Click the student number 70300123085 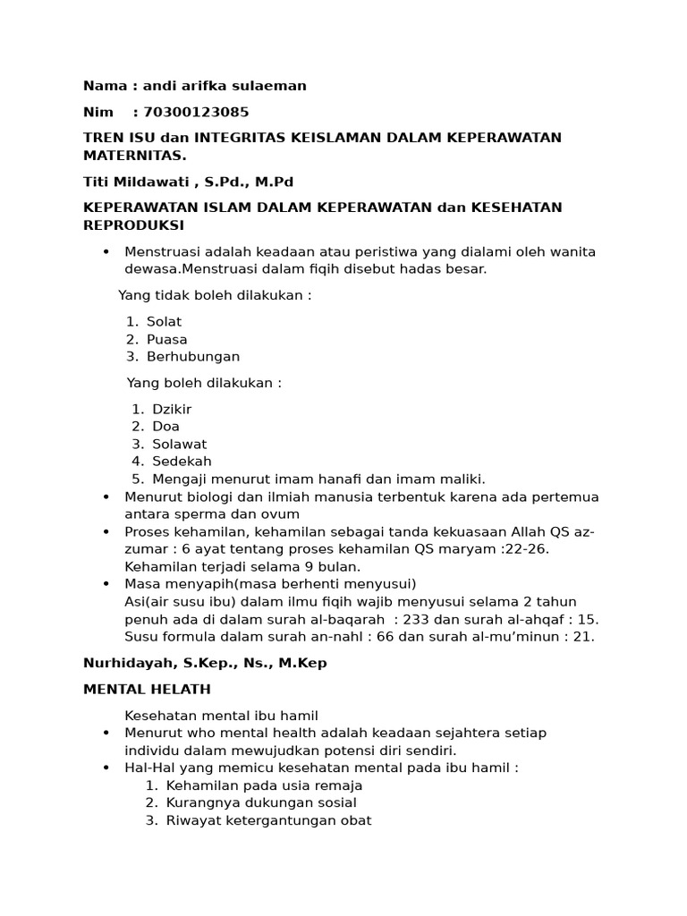coord(196,112)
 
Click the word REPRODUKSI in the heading coord(133,225)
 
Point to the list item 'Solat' coord(164,321)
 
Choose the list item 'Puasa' coord(167,339)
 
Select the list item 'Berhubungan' coord(193,356)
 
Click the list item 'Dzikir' coord(172,409)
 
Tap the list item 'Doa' coord(165,426)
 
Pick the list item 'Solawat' coord(179,444)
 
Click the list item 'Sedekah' coord(182,462)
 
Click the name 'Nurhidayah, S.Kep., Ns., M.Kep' coord(205,663)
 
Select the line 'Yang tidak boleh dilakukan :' coord(215,295)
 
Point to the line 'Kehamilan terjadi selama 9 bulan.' coord(242,566)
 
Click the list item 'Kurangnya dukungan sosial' coord(261,802)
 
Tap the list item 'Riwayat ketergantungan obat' coord(268,820)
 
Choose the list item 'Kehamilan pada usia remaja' coord(264,785)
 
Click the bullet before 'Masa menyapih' coord(106,584)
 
